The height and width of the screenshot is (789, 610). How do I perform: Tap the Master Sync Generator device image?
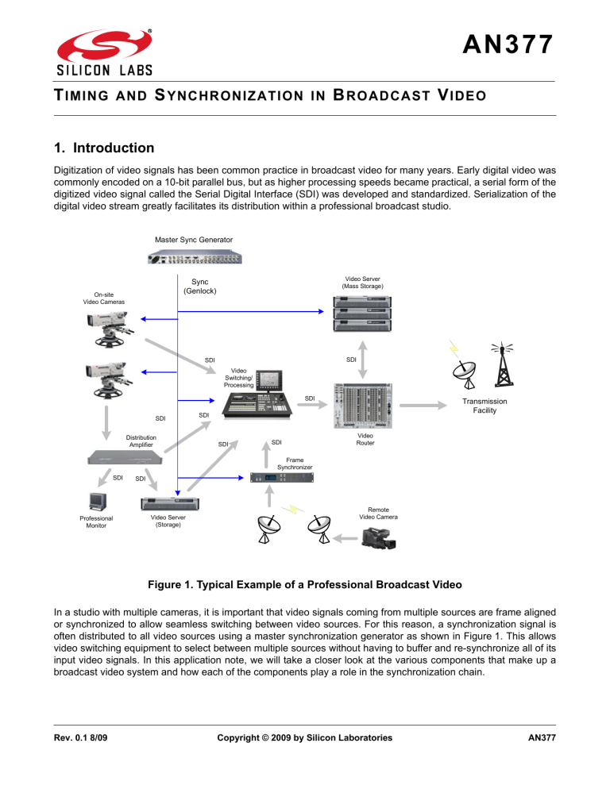pos(195,256)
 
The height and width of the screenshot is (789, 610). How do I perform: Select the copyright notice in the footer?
pos(305,738)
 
